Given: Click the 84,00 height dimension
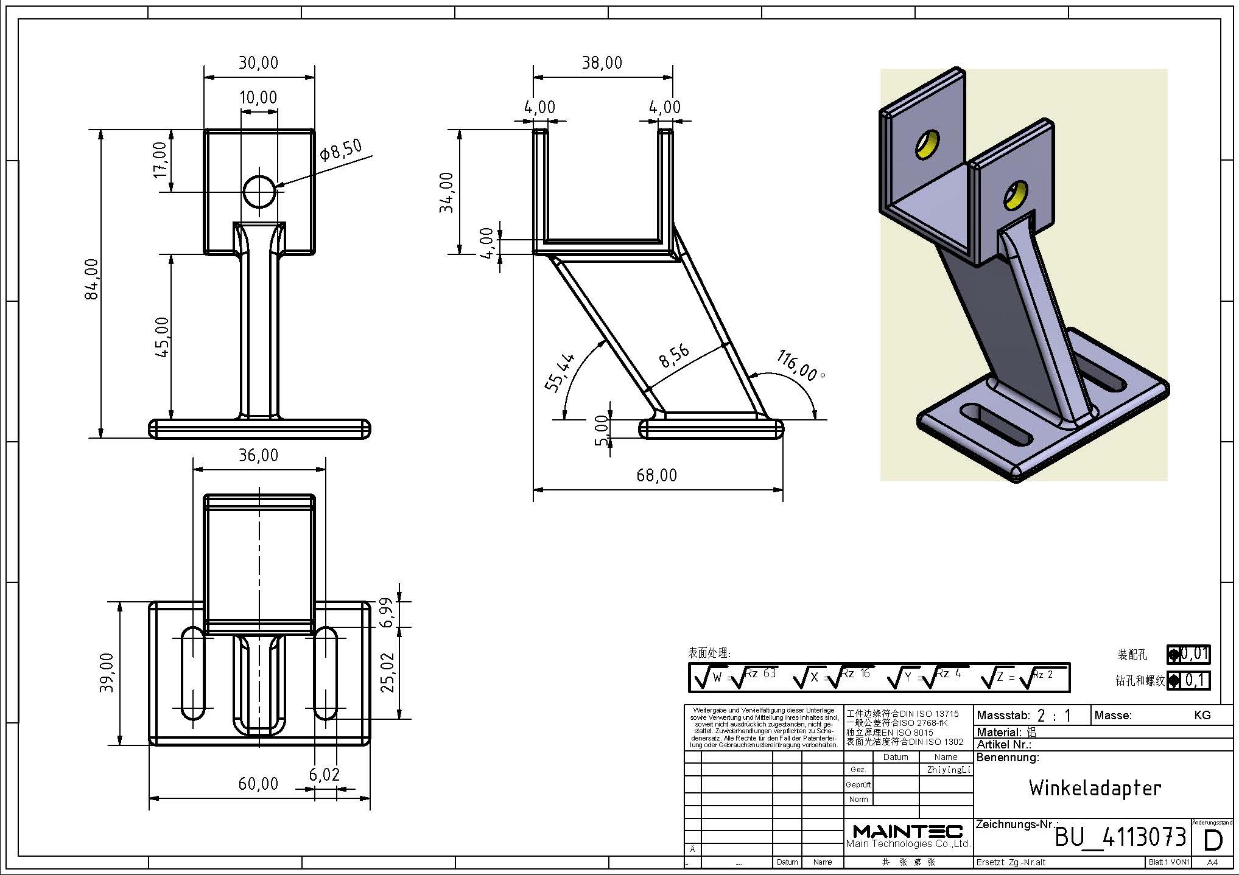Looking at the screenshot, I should [x=93, y=279].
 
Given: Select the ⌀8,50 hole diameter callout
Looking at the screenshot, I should [x=342, y=150].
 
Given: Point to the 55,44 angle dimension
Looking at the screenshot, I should [x=560, y=373].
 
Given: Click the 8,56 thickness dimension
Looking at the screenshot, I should [x=675, y=356].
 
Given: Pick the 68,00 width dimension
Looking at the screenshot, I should [x=656, y=475].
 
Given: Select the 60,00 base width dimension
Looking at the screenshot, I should [x=258, y=784].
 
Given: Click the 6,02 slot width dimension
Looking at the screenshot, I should [x=324, y=775].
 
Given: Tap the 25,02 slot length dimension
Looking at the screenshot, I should [x=387, y=672].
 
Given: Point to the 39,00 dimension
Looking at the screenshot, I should [x=107, y=672].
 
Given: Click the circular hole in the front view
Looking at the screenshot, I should [x=259, y=192].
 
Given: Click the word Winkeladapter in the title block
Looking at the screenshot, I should [x=1095, y=789].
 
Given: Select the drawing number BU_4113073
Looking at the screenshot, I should [x=1120, y=837].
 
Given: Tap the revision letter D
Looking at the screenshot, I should [x=1213, y=840].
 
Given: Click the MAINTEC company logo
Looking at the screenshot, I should [x=907, y=832].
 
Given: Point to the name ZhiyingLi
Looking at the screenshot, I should [x=947, y=770].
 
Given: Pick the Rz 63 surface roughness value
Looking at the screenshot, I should [x=761, y=674].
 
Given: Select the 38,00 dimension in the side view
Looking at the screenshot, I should [x=602, y=63].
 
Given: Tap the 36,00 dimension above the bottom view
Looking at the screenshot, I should [x=258, y=455].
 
